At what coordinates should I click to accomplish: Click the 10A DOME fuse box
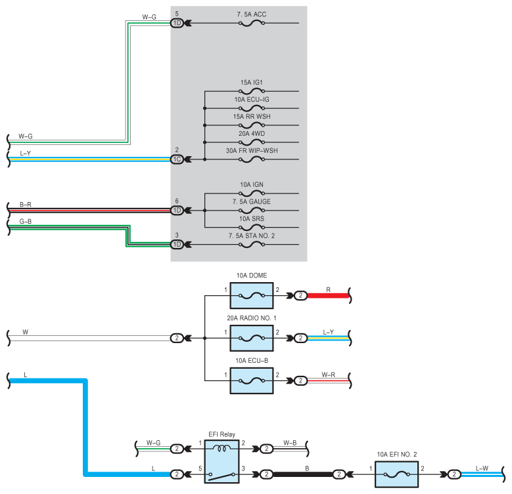click(252, 296)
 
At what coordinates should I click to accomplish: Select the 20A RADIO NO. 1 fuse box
click(252, 339)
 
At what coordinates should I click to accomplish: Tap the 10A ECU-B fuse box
click(252, 381)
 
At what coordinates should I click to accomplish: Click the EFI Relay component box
click(221, 461)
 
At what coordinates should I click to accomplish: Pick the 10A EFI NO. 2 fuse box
click(396, 474)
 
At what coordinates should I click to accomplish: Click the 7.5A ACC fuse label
click(252, 14)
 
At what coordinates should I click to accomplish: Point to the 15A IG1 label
click(252, 83)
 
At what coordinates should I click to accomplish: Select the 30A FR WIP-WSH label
click(252, 150)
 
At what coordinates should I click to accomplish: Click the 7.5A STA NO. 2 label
click(252, 236)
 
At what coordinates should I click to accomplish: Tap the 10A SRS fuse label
click(252, 218)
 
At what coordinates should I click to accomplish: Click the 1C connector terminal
click(177, 159)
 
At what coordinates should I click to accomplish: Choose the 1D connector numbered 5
click(177, 23)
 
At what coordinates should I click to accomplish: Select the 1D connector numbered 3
click(177, 245)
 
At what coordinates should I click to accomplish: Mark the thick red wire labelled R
click(328, 296)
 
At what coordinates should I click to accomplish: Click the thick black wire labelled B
click(303, 474)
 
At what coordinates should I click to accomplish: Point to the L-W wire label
click(482, 468)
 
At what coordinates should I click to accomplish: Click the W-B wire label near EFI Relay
click(290, 443)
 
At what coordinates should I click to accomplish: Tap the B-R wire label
click(26, 205)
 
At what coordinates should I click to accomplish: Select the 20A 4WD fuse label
click(252, 134)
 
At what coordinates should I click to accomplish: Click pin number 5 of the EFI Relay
click(200, 468)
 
